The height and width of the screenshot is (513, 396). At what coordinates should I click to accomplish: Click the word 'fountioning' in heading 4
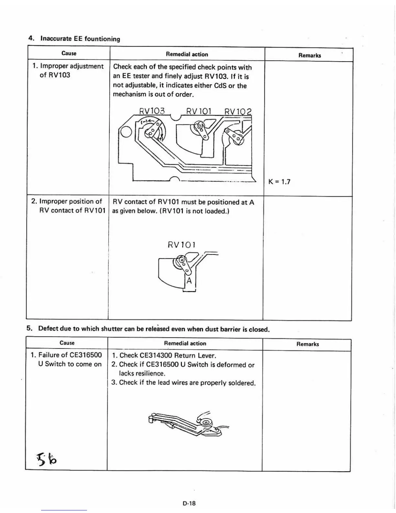coord(102,39)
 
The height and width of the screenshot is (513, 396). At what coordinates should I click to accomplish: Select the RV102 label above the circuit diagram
coord(237,112)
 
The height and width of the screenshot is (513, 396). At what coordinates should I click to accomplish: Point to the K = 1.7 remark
coord(279,182)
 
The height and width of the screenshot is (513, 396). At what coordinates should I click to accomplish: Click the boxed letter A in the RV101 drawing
coord(189,281)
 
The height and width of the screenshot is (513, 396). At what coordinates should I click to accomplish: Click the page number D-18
coord(189,503)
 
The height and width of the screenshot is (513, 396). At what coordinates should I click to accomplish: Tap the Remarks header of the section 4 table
coord(310,55)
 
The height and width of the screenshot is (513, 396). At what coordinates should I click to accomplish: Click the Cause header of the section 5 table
coord(67,343)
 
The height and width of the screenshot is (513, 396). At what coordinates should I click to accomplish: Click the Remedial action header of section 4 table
coord(187,54)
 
